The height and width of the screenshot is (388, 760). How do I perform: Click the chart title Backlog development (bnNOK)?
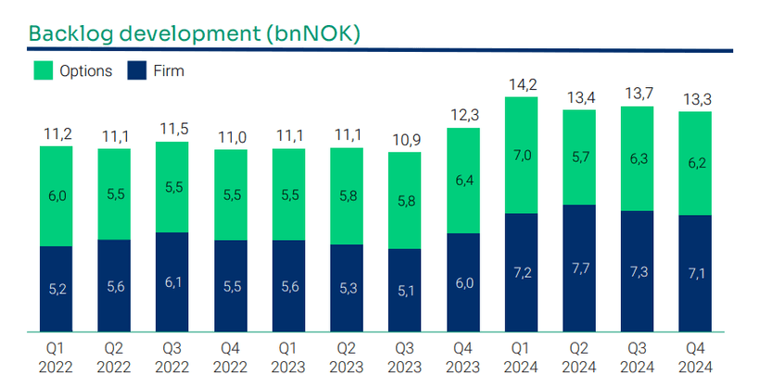[x=194, y=33]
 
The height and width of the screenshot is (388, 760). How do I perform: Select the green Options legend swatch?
[x=44, y=70]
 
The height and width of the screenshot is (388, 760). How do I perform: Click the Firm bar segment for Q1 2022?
[x=57, y=288]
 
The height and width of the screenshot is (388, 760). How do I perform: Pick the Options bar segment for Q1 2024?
[x=520, y=156]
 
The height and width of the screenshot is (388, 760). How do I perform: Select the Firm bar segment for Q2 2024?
[x=578, y=268]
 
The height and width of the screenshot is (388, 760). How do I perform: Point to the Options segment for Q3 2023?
[x=404, y=200]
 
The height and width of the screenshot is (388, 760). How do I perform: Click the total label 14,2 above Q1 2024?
[x=520, y=85]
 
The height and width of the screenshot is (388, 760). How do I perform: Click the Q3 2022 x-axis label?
[x=172, y=358]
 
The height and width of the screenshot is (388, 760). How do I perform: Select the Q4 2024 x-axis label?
[x=694, y=358]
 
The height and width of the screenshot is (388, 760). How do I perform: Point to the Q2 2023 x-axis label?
[x=347, y=358]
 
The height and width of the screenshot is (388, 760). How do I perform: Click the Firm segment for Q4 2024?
[x=694, y=273]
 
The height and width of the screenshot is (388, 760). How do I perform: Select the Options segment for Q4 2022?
[x=231, y=194]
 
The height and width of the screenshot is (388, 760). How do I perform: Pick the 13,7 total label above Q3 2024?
[x=636, y=95]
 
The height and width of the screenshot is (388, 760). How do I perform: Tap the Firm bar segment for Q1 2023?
[x=288, y=285]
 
